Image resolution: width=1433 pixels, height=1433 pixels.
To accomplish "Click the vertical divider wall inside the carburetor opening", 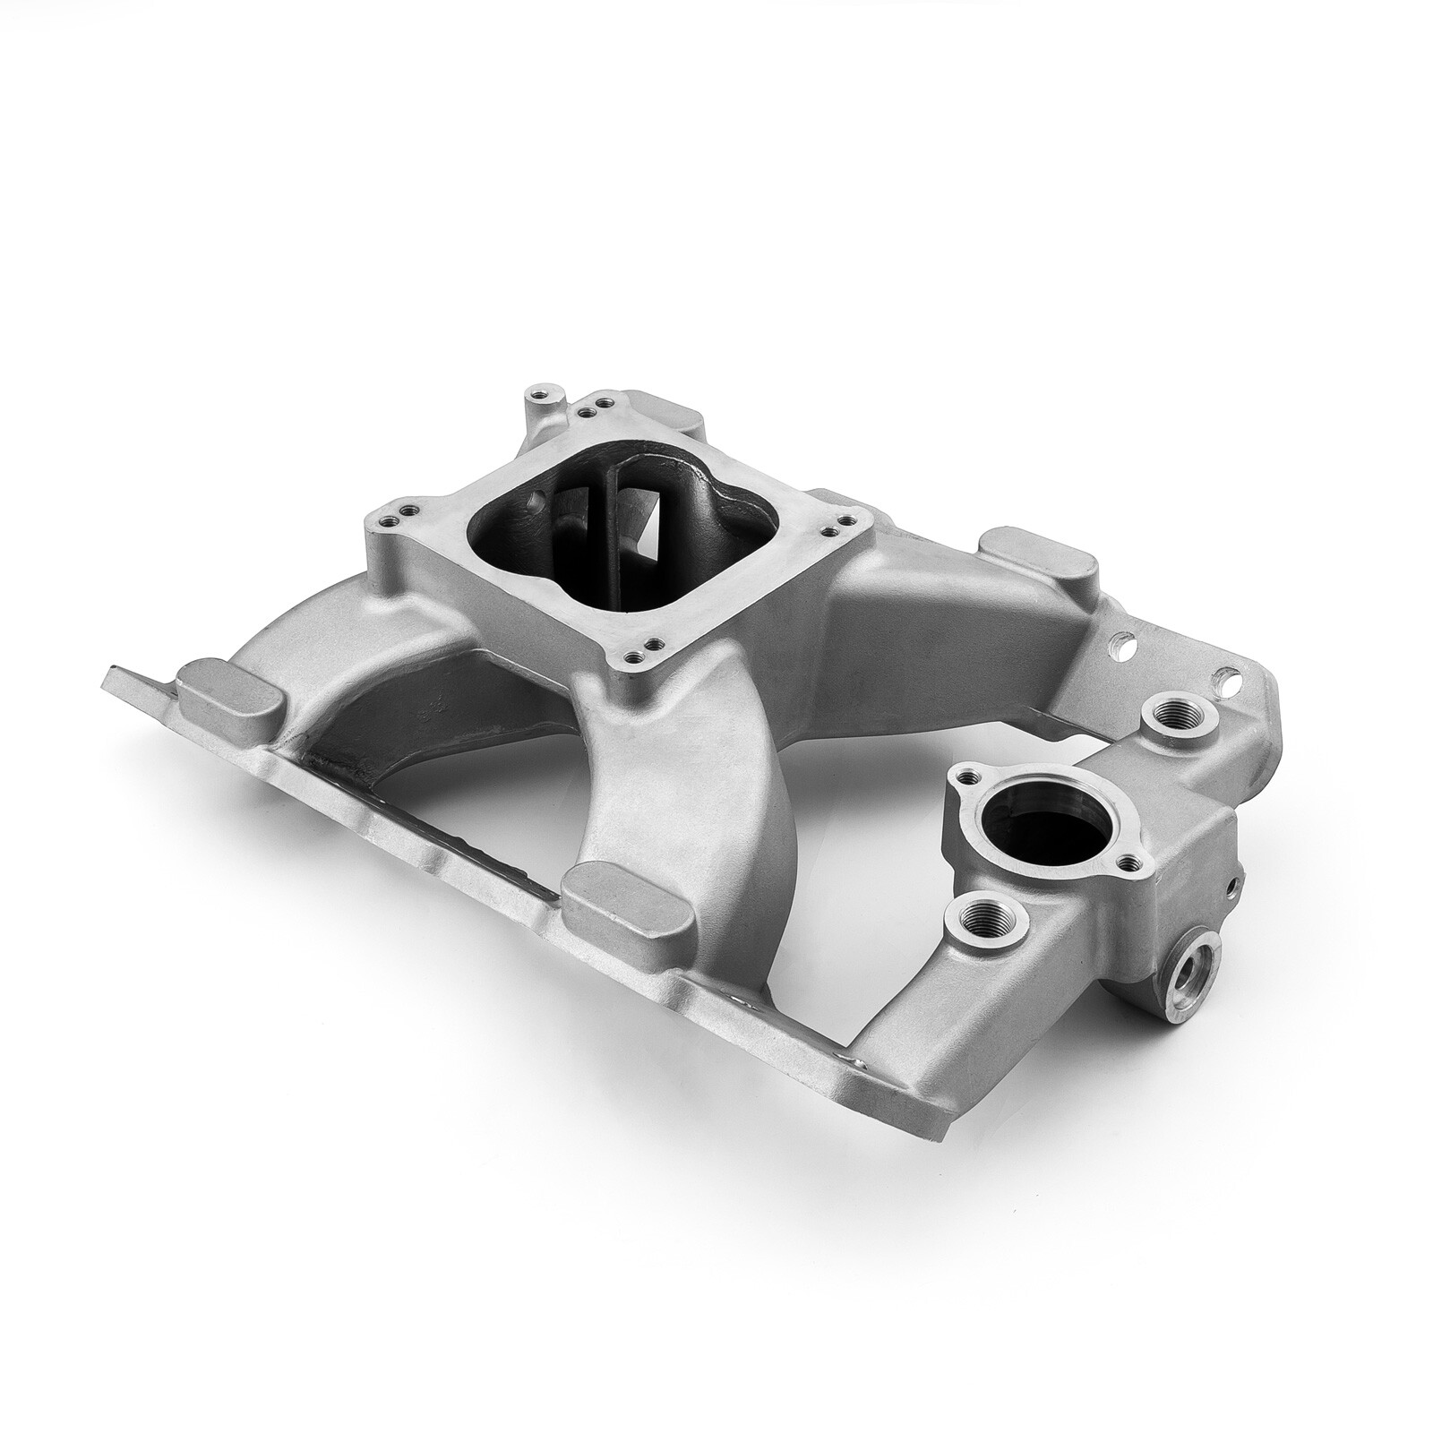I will pos(612,537).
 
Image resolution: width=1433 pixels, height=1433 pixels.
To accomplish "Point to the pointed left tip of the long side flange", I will pos(109,669).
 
